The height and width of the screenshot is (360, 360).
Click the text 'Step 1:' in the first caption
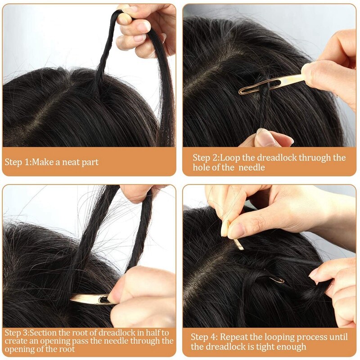click(18, 162)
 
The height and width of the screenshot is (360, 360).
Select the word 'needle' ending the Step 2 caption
click(252, 167)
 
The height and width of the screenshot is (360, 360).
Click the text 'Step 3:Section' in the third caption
click(31, 333)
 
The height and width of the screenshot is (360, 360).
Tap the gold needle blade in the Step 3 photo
click(90, 299)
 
